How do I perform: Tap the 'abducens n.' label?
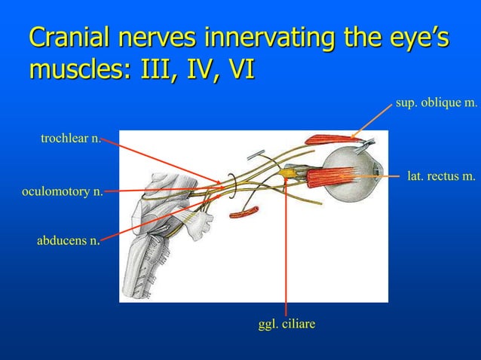(68, 241)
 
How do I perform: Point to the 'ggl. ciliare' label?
(286, 324)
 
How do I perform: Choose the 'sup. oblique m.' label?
(436, 103)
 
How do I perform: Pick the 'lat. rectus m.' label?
(441, 177)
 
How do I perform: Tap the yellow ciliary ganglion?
(287, 175)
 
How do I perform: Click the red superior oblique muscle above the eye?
(326, 139)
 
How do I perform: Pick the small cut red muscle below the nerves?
(244, 212)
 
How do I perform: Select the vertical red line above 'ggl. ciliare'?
(286, 249)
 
